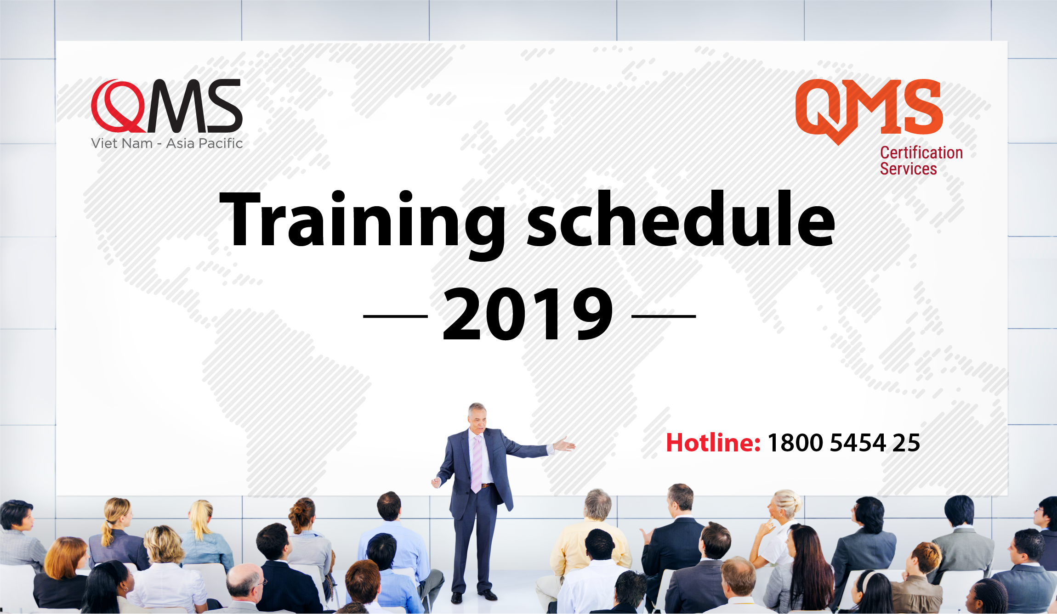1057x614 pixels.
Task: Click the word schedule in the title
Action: click(x=681, y=219)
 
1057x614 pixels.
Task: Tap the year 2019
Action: click(x=528, y=314)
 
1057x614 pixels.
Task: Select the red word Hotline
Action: click(x=713, y=443)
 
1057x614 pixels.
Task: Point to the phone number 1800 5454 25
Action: click(x=844, y=443)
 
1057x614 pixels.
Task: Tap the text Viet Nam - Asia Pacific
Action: click(x=167, y=143)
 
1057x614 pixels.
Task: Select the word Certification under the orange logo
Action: click(x=921, y=152)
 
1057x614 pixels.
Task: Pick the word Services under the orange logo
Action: click(x=908, y=169)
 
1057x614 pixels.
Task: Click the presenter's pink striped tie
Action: click(x=477, y=464)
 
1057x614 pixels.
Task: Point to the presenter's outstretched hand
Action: click(x=565, y=444)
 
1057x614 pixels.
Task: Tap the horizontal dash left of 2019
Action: click(x=396, y=316)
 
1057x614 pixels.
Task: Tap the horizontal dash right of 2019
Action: click(x=664, y=316)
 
